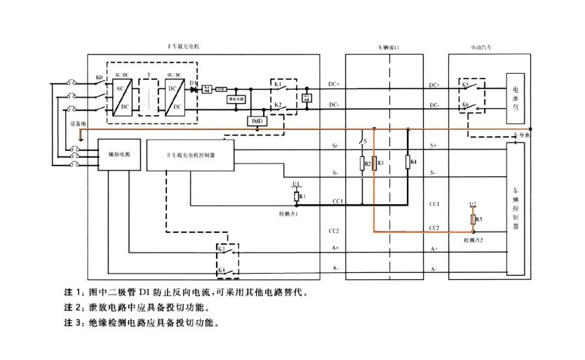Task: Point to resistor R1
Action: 297,196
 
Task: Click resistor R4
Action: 409,163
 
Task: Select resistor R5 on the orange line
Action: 473,220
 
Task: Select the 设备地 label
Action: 78,124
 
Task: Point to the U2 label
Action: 473,204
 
